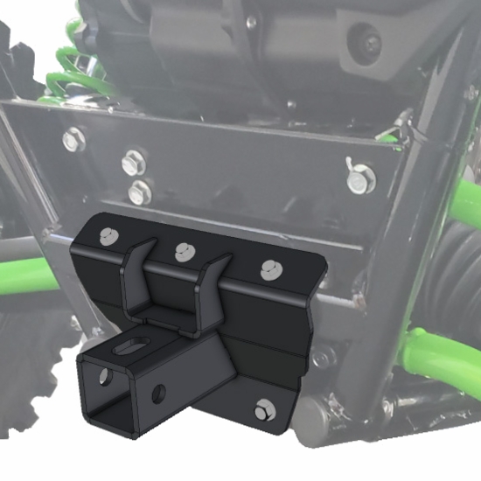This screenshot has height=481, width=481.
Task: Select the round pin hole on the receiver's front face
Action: click(159, 393)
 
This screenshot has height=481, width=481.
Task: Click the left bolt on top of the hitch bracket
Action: click(108, 235)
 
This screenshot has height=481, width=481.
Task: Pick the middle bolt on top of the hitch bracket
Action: click(183, 252)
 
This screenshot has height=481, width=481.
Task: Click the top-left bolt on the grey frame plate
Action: click(74, 138)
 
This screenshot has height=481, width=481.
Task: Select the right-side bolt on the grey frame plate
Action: click(356, 182)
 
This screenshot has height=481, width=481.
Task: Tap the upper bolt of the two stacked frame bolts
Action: click(134, 161)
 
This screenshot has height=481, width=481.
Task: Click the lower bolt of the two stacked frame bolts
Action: click(137, 191)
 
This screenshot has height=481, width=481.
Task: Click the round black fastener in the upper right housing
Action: click(366, 40)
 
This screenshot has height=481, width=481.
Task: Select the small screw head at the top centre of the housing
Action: click(252, 23)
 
